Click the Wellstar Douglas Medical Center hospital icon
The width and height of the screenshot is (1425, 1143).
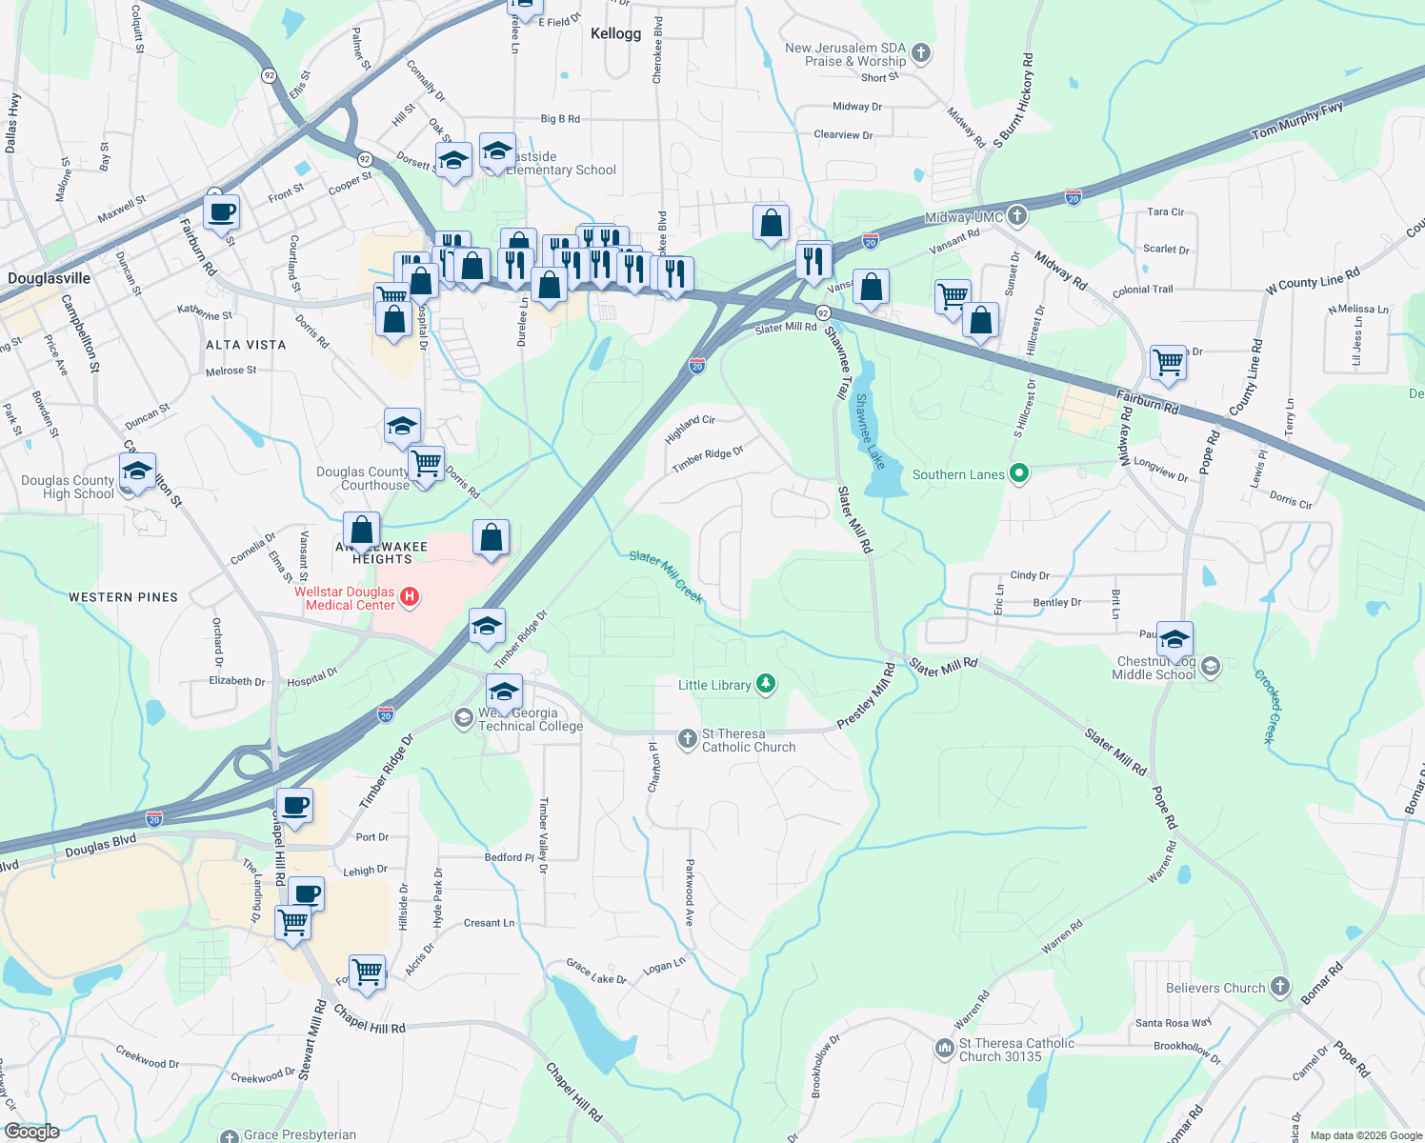[410, 597]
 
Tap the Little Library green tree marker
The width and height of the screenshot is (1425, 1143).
[765, 684]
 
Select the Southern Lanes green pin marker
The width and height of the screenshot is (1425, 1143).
[1019, 473]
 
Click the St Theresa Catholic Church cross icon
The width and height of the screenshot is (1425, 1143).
[687, 739]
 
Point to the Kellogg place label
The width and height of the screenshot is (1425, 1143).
[615, 34]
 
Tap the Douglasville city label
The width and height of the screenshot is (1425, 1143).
[50, 278]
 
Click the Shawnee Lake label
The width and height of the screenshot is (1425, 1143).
[870, 431]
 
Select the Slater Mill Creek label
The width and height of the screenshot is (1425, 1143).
[666, 576]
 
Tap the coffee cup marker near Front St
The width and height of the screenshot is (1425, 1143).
[221, 211]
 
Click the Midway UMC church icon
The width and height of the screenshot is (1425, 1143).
[1017, 216]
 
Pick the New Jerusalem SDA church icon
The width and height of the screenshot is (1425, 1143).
[921, 53]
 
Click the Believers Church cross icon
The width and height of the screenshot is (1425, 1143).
[1280, 987]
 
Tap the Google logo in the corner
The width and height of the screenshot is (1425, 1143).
[31, 1131]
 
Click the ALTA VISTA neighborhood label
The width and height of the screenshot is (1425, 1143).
[246, 345]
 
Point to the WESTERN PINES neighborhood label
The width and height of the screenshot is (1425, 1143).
[123, 597]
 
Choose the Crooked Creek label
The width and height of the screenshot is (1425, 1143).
[1270, 706]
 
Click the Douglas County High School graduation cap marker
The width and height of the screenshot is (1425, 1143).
[138, 471]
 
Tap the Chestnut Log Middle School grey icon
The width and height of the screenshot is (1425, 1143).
[1210, 666]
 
